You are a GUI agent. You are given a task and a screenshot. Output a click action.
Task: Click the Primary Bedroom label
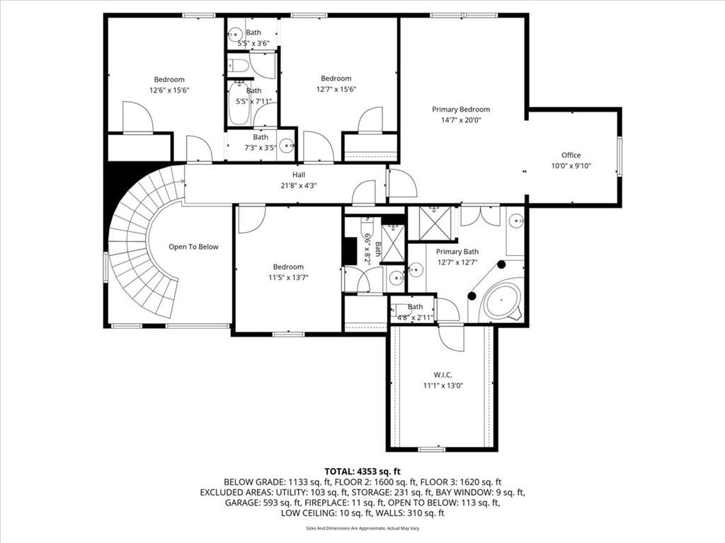pyautogui.click(x=460, y=110)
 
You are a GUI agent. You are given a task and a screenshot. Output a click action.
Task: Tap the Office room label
pyautogui.click(x=571, y=155)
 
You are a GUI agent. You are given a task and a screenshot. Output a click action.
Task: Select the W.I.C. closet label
pyautogui.click(x=443, y=375)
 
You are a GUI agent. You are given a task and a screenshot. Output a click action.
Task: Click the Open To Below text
pyautogui.click(x=193, y=247)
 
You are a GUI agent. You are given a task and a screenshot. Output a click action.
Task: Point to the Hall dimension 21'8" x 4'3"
pyautogui.click(x=299, y=186)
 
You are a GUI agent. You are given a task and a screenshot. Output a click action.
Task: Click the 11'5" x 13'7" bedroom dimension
pyautogui.click(x=288, y=277)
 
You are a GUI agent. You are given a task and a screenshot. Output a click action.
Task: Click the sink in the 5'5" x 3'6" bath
pyautogui.click(x=235, y=34)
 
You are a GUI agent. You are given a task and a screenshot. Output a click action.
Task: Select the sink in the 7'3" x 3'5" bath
pyautogui.click(x=287, y=146)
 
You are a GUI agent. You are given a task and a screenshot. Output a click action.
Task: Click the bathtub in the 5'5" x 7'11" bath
pyautogui.click(x=239, y=103)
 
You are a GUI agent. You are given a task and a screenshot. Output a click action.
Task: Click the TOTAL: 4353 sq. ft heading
pyautogui.click(x=362, y=472)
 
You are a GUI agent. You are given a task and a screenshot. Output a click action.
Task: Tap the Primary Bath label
pyautogui.click(x=457, y=252)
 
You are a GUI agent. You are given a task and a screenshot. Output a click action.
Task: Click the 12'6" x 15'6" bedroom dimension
pyautogui.click(x=169, y=90)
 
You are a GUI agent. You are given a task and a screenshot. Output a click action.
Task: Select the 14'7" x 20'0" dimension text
pyautogui.click(x=461, y=120)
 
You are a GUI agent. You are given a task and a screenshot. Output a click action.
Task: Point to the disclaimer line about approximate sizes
pyautogui.click(x=362, y=528)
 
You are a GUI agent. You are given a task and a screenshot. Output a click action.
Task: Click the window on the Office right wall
pyautogui.click(x=620, y=156)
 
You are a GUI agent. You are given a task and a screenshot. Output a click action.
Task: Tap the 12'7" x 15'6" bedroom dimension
pyautogui.click(x=336, y=89)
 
